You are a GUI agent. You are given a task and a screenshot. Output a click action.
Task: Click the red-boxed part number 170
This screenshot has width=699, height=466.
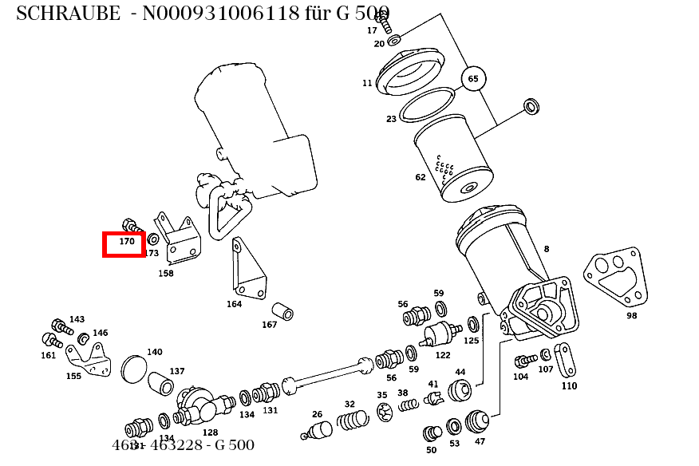click(126, 241)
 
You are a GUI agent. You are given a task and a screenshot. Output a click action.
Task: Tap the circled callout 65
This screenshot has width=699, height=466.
click(473, 79)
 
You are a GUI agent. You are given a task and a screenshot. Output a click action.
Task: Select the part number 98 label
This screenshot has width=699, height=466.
click(632, 315)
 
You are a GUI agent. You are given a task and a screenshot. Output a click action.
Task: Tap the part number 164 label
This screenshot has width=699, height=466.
click(234, 304)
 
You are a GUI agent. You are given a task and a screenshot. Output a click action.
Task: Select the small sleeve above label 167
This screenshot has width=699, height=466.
click(282, 310)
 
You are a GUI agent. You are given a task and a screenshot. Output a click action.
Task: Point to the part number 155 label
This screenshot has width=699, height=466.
click(73, 376)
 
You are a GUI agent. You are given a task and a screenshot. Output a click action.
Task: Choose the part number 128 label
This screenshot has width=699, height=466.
click(210, 432)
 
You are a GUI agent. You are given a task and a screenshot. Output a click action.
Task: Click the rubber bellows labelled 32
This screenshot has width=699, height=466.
click(352, 419)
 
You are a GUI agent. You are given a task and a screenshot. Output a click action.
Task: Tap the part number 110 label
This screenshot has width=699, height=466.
click(569, 386)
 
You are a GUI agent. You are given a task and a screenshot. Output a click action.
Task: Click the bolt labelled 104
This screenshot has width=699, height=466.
click(524, 361)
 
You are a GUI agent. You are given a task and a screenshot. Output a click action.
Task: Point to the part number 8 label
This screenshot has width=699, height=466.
click(547, 249)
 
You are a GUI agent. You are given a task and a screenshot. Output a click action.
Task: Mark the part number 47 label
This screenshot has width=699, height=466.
click(480, 441)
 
